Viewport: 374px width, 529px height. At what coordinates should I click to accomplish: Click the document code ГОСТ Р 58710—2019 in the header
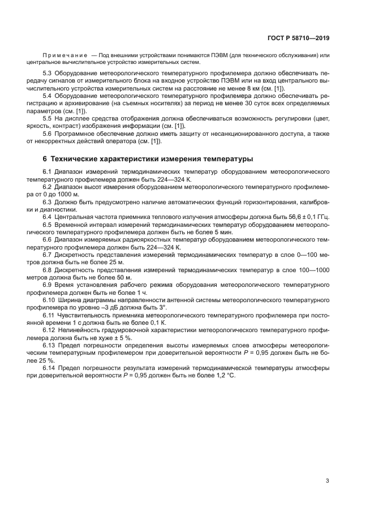[298, 38]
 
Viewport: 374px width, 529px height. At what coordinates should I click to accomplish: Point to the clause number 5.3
[48, 74]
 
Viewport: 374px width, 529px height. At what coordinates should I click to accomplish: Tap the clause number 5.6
[48, 133]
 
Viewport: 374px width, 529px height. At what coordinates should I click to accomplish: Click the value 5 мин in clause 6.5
[192, 232]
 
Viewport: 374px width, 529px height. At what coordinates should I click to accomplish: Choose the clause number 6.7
[48, 255]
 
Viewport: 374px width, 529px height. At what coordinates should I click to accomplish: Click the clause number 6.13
[50, 345]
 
